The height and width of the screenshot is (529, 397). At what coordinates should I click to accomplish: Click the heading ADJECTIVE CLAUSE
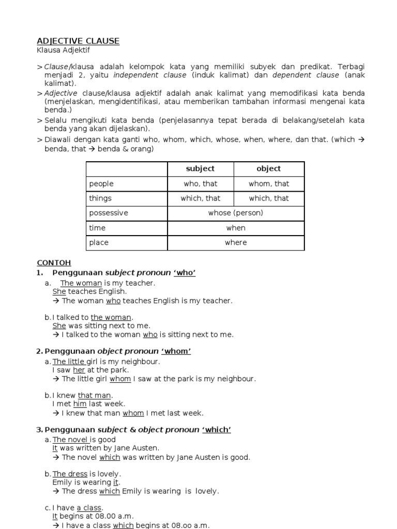pyautogui.click(x=78, y=41)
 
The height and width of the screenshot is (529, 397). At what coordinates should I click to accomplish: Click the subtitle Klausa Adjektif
pyautogui.click(x=67, y=51)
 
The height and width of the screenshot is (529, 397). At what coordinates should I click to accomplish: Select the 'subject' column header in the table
pyautogui.click(x=201, y=169)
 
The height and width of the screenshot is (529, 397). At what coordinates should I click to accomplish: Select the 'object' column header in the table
pyautogui.click(x=269, y=169)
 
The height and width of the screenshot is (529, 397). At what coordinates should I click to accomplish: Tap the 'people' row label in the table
pyautogui.click(x=101, y=184)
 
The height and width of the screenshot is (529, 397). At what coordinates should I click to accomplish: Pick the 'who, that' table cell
pyautogui.click(x=201, y=184)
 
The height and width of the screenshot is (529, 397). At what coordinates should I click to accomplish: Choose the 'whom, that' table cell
pyautogui.click(x=269, y=184)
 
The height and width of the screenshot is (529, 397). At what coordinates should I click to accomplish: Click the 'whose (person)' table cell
pyautogui.click(x=236, y=213)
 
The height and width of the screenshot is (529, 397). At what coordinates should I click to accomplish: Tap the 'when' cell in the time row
pyautogui.click(x=236, y=228)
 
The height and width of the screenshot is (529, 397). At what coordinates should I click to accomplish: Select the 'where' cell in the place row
pyautogui.click(x=236, y=243)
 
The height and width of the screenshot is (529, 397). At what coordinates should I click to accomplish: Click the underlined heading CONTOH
pyautogui.click(x=54, y=262)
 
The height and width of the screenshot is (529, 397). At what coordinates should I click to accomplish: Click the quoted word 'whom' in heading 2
pyautogui.click(x=176, y=351)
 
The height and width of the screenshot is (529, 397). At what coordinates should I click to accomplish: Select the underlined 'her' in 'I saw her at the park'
pyautogui.click(x=79, y=370)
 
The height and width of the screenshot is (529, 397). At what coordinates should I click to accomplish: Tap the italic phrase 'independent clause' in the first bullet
pyautogui.click(x=150, y=75)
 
